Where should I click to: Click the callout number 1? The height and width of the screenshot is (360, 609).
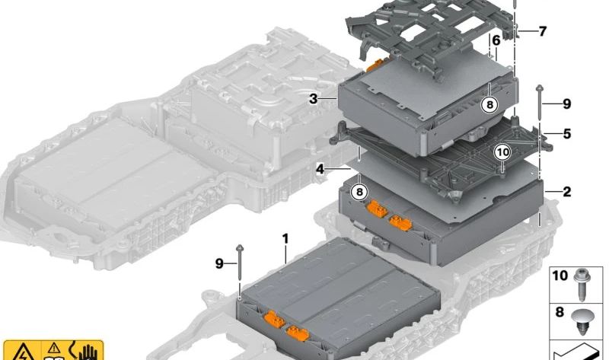click(x=285, y=239)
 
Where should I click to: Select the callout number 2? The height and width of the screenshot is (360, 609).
click(x=567, y=192)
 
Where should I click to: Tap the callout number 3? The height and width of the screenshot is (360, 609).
click(x=313, y=99)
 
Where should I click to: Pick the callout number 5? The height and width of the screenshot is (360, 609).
click(x=566, y=134)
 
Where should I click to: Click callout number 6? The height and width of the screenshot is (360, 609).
click(x=496, y=40)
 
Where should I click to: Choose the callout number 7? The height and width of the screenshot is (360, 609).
click(x=542, y=32)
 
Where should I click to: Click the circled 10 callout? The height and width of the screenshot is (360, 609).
click(x=502, y=152)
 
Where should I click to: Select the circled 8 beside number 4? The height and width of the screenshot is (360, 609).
click(x=359, y=192)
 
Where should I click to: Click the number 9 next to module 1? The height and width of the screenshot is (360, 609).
click(x=219, y=263)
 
